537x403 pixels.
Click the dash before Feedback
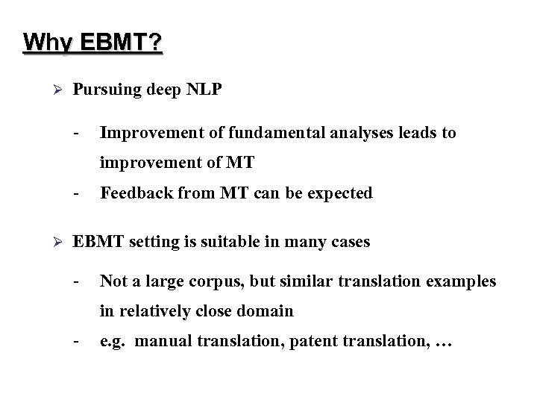pos(77,193)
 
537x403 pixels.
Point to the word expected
pos(339,193)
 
